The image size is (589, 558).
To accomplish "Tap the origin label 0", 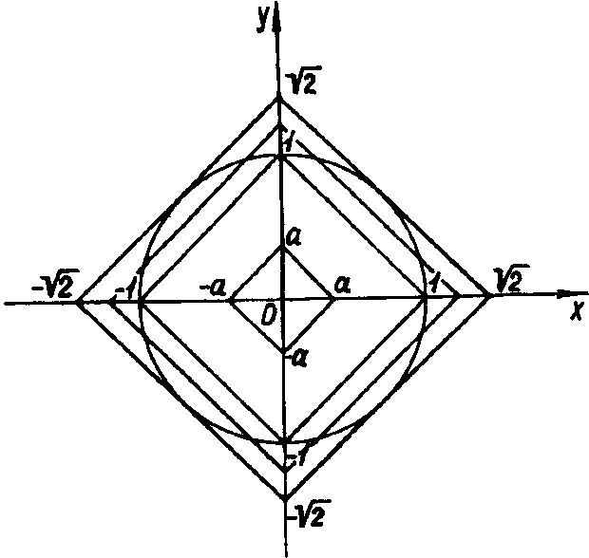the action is coord(270,315).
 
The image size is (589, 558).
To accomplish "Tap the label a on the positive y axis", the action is coord(294,241).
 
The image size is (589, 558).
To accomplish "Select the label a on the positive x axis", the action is coord(343,285).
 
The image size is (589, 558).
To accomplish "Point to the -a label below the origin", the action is coord(299,357).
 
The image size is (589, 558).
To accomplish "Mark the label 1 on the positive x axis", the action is coord(435,282).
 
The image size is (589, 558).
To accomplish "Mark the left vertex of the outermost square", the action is coord(78,302).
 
